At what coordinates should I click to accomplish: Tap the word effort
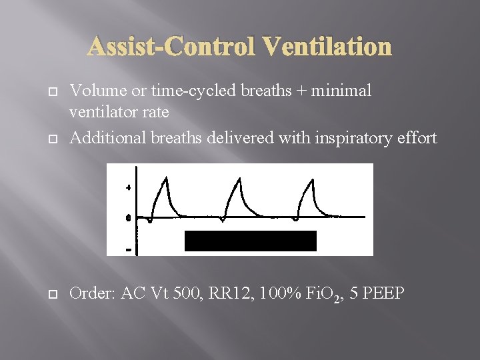(x=417, y=137)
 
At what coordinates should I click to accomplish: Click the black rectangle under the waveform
(x=250, y=241)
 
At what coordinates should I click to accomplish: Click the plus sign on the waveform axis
(x=128, y=188)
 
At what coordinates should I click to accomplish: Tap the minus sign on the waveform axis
(x=128, y=250)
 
